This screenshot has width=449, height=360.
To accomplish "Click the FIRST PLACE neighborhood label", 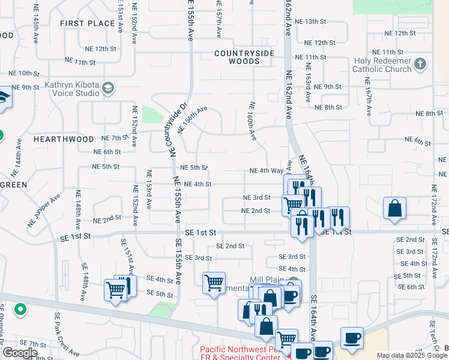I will [88, 23].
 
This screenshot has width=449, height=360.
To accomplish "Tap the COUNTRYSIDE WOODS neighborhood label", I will [244, 57].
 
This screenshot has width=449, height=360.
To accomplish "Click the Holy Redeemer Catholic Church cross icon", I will [420, 64].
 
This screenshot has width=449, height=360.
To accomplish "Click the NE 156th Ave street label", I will [192, 119].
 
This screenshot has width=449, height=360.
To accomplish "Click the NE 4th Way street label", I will [267, 171].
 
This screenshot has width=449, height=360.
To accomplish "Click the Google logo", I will [20, 353].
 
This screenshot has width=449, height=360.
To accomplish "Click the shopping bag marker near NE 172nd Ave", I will [396, 209].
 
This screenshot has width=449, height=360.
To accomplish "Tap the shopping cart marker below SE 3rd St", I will [214, 283].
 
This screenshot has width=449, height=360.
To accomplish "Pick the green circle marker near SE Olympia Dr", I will [20, 310].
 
